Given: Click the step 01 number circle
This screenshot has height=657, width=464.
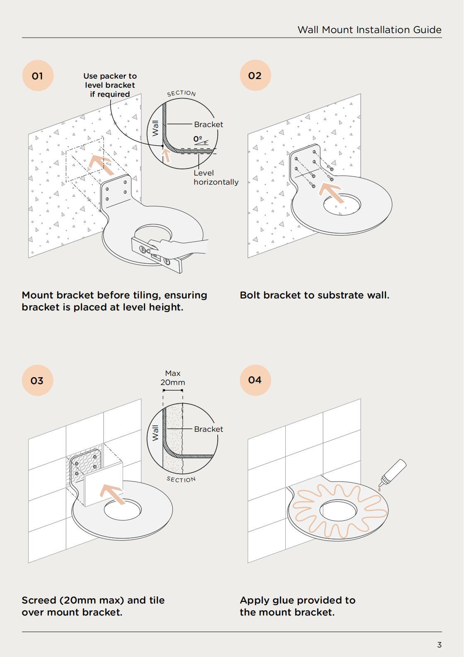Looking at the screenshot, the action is (38, 76).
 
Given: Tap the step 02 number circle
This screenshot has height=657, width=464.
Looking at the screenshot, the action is (255, 75).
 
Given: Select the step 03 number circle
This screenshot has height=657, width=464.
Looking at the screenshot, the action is (38, 380).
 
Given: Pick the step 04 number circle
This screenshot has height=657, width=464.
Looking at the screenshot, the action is (255, 380).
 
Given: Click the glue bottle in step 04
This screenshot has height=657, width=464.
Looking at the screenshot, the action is (393, 473).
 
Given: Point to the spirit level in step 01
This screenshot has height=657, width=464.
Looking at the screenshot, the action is (157, 255).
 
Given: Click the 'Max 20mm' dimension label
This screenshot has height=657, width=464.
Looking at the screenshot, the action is (173, 378).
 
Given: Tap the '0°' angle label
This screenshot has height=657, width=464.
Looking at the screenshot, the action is (198, 139).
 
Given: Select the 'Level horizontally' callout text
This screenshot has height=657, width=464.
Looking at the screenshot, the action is (216, 178).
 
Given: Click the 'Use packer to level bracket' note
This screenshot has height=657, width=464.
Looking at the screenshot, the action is (110, 85).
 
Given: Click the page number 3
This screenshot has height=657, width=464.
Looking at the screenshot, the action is (439, 645).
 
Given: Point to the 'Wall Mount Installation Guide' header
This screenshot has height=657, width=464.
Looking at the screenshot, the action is (369, 30).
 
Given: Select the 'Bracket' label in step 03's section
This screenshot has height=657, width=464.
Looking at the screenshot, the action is (209, 429).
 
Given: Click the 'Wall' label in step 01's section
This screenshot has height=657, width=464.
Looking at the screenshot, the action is (155, 128).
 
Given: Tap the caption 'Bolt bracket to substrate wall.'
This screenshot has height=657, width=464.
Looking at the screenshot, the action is (315, 295).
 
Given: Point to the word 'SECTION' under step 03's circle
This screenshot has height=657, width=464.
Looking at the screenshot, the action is (181, 479).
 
